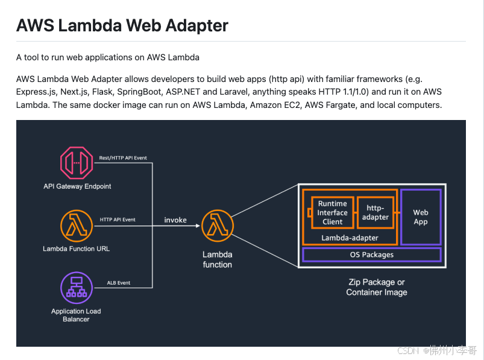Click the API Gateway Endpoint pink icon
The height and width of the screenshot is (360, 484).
coord(77,163)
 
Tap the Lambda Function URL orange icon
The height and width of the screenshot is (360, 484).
coord(77,226)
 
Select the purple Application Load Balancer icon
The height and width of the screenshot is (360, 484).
coord(77,288)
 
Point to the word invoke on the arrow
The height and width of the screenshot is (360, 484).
coord(175,220)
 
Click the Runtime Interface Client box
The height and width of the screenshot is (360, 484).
coord(332,212)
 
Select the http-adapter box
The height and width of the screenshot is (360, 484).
coord(376,212)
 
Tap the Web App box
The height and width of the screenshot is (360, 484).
coord(421,217)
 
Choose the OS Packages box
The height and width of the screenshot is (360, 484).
coord(371,254)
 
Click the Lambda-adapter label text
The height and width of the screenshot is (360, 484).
coord(350,238)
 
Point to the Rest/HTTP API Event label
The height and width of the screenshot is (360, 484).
coord(123,158)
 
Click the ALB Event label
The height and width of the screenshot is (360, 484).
coord(119,282)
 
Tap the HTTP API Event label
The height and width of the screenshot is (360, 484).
coord(118,219)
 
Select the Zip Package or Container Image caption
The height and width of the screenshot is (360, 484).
coord(377,287)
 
